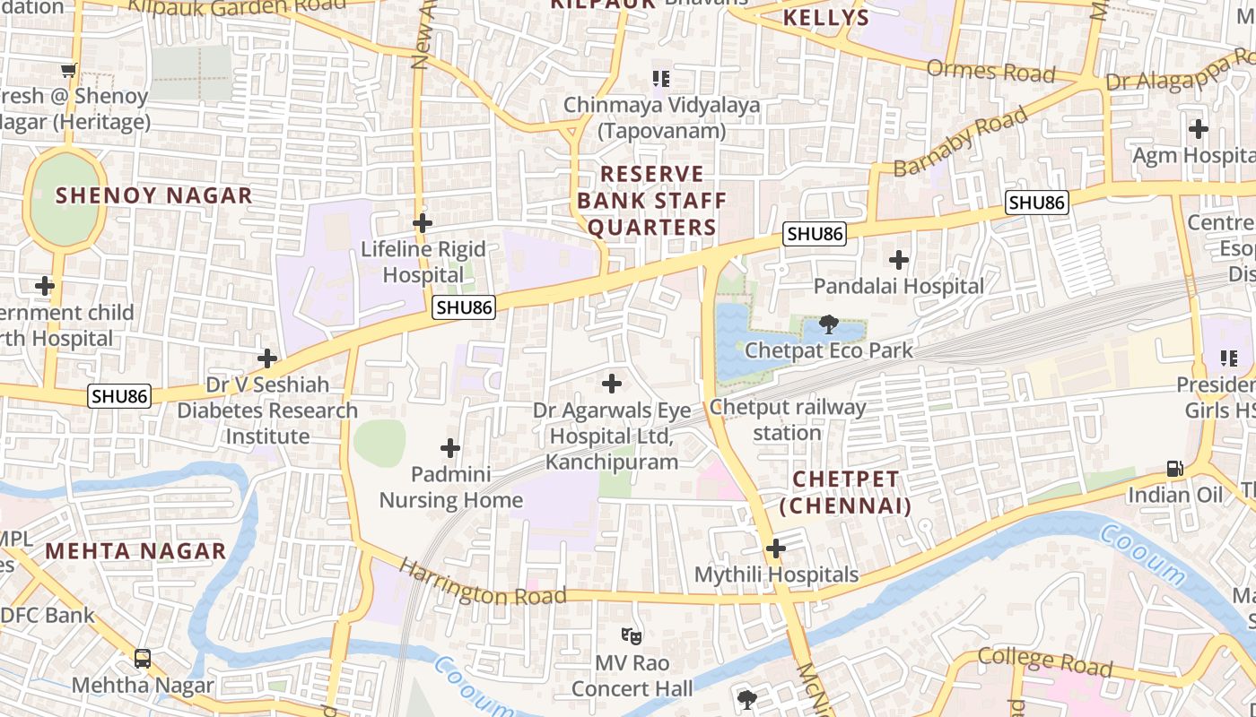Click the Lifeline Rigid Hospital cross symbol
pyautogui.click(x=423, y=222)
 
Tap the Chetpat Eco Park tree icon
pyautogui.click(x=829, y=324)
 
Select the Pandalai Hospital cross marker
pyautogui.click(x=898, y=260)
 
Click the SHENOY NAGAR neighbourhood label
pyautogui.click(x=154, y=195)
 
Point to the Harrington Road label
pyautogui.click(x=483, y=583)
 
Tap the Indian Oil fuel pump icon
pyautogui.click(x=1174, y=469)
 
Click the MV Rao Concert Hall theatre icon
pyautogui.click(x=632, y=636)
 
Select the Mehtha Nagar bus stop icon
pyautogui.click(x=143, y=659)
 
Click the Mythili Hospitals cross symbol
pyautogui.click(x=776, y=548)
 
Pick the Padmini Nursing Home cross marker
pyautogui.click(x=450, y=447)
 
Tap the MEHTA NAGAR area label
pyautogui.click(x=135, y=550)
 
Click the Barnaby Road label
pyautogui.click(x=960, y=143)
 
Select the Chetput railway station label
pyautogui.click(x=788, y=419)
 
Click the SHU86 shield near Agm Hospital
pyautogui.click(x=1036, y=203)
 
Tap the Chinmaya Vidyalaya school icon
pyautogui.click(x=661, y=79)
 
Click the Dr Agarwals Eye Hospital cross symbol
pyautogui.click(x=611, y=384)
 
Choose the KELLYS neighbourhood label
pyautogui.click(x=826, y=18)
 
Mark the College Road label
pyautogui.click(x=1045, y=661)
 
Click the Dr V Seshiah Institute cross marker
pyautogui.click(x=267, y=358)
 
